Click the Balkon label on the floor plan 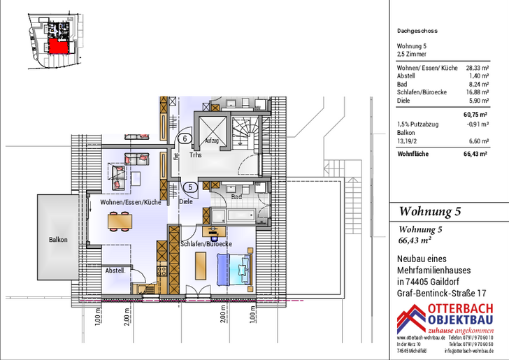click(x=58, y=240)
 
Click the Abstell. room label click(x=115, y=271)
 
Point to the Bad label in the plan click(x=236, y=198)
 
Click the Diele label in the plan click(x=186, y=202)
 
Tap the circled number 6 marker click(x=184, y=138)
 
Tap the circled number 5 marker click(x=189, y=187)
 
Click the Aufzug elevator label click(x=213, y=141)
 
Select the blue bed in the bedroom click(x=234, y=267)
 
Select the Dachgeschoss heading click(x=417, y=31)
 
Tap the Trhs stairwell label click(x=195, y=155)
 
